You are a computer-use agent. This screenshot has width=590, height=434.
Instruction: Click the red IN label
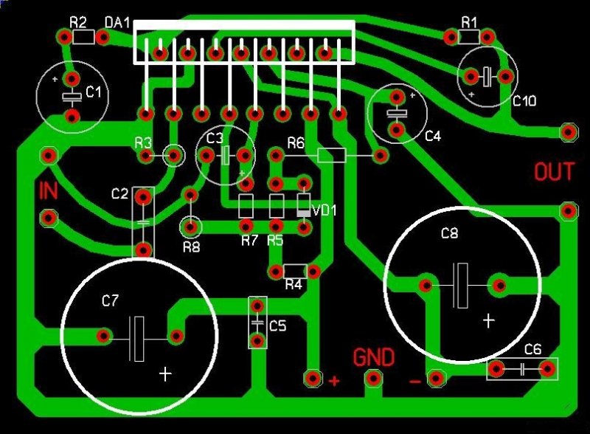pos(48,191)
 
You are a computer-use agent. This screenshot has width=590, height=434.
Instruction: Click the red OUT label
pos(553,172)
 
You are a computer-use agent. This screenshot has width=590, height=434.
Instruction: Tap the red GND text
pos(374,357)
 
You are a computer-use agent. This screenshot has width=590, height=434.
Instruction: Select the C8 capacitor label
pos(449,234)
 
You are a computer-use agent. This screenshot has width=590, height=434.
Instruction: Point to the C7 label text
pos(110,300)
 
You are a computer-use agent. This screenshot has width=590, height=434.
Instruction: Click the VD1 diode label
pos(324,210)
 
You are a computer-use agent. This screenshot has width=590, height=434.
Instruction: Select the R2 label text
pos(78,22)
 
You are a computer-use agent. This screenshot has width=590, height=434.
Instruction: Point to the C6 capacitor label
pos(532,349)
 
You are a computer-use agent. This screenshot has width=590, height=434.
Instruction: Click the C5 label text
pos(278,325)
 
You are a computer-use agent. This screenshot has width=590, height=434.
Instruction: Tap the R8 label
pos(190,247)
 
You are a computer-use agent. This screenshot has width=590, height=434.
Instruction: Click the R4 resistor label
pos(294,284)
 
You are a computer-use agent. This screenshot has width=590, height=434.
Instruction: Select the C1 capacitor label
pos(94,92)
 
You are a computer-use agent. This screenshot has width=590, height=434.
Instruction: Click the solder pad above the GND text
pos(374,379)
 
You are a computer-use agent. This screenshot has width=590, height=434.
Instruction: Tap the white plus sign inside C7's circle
pos(165,374)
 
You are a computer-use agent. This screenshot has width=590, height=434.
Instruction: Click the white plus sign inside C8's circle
pos(488,320)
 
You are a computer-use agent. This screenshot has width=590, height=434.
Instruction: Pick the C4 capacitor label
pos(433,136)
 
